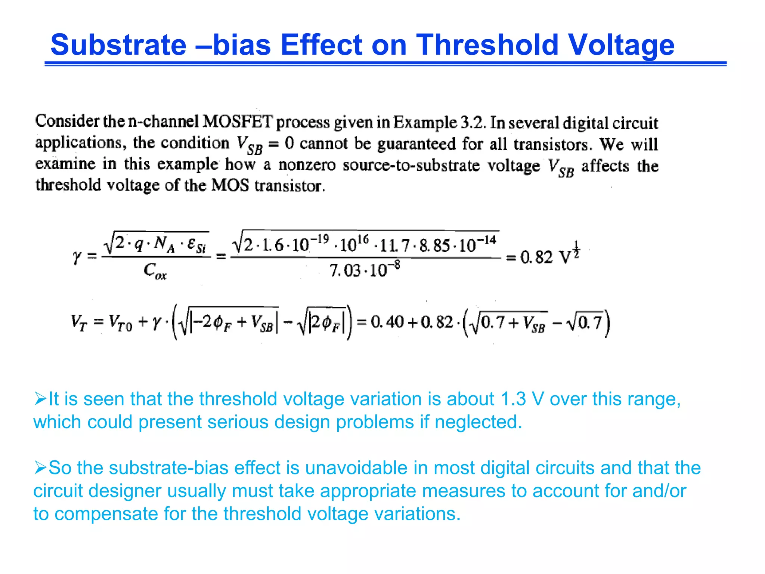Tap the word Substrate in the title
point(118,45)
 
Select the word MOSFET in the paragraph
point(238,121)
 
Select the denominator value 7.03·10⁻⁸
point(365,269)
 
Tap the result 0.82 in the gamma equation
point(536,257)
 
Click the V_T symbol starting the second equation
point(79,322)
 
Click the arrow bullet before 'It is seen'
point(40,398)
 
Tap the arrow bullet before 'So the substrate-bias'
point(40,467)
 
